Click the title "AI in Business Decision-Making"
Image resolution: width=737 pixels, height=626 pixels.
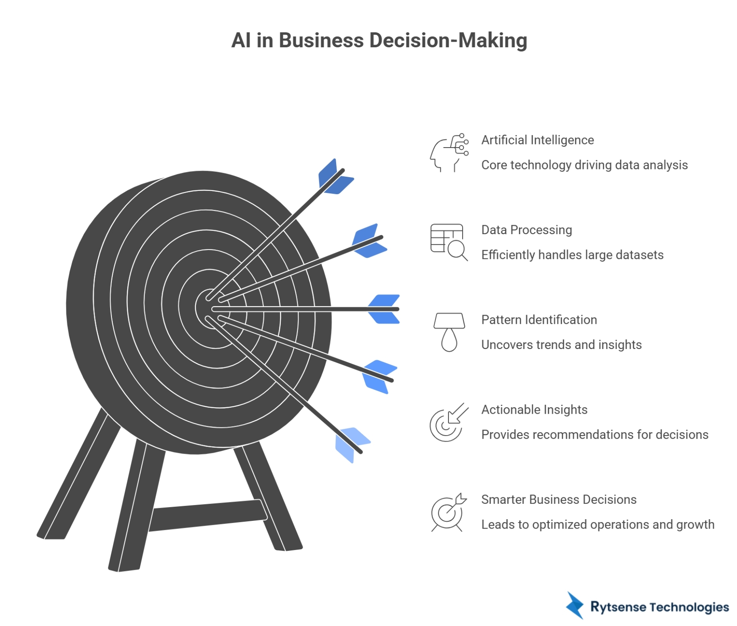[379, 40]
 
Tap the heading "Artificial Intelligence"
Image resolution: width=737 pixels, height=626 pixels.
[537, 140]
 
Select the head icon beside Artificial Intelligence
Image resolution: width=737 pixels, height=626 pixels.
[449, 153]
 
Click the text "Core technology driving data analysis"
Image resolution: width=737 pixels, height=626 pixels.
[584, 165]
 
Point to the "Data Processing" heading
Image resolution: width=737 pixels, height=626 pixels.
[526, 230]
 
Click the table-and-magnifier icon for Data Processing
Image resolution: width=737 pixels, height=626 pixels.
[449, 242]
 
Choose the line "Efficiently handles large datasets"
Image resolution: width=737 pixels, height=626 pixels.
[572, 255]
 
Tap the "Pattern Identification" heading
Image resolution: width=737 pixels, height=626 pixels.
[539, 319]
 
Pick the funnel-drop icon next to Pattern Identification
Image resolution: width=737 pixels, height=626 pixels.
[449, 332]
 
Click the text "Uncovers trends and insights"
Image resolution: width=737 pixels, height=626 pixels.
[561, 345]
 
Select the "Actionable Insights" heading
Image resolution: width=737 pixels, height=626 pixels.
[534, 409]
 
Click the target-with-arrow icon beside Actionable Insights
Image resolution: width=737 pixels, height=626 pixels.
[449, 422]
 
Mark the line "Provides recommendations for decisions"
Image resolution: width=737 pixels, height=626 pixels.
[595, 434]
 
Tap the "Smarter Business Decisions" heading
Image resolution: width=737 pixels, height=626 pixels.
[559, 499]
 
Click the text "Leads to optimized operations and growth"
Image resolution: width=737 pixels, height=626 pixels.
[598, 524]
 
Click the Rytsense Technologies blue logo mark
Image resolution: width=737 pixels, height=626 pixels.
[575, 606]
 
